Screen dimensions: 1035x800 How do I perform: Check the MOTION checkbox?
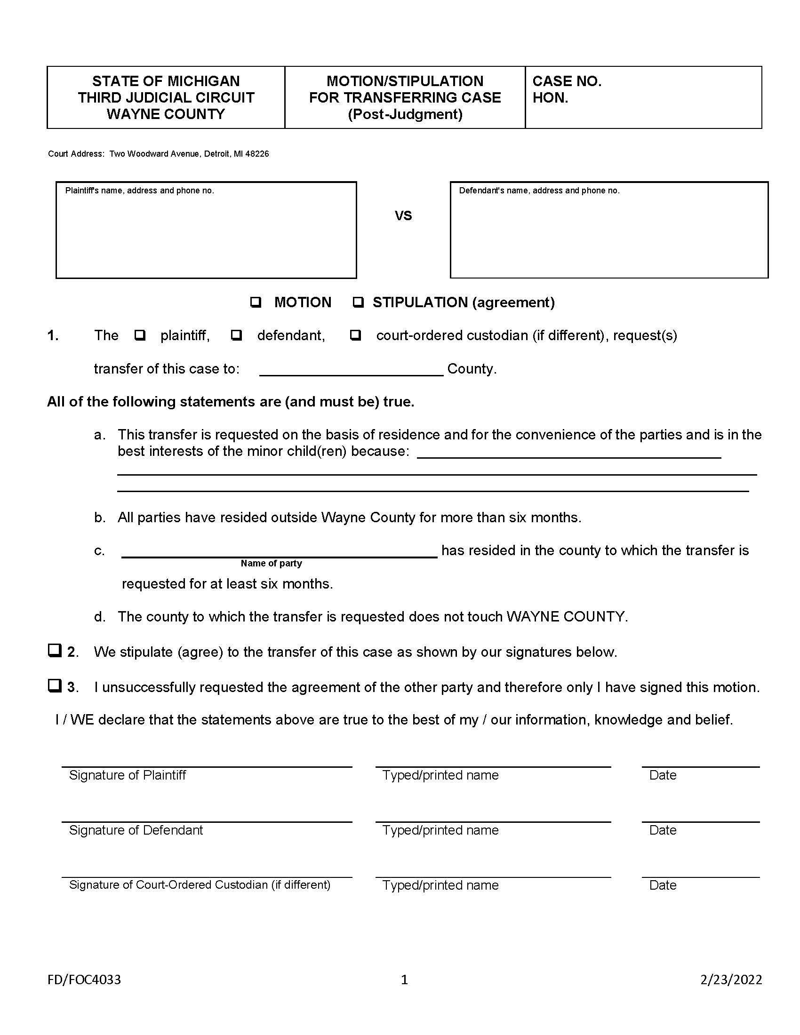[x=256, y=303]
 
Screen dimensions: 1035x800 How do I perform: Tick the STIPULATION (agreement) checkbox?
[x=358, y=303]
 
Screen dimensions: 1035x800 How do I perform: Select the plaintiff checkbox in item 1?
[x=140, y=335]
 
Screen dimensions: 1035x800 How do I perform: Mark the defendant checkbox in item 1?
[x=236, y=335]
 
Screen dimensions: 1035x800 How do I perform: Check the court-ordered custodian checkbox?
[x=355, y=335]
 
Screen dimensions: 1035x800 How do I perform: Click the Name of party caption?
[x=271, y=564]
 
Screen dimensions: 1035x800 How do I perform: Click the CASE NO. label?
[x=567, y=81]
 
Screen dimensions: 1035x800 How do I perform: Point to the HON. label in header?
[x=550, y=98]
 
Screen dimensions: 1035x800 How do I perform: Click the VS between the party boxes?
[x=403, y=216]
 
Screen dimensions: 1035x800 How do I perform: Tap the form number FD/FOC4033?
[x=84, y=979]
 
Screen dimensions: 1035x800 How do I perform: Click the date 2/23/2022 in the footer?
[x=731, y=979]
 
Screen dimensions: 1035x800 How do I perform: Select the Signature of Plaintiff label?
[x=128, y=775]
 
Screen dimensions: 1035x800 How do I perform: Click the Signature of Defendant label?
[x=136, y=830]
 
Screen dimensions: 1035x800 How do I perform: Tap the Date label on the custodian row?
[x=663, y=885]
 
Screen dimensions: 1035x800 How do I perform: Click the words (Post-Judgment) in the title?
[x=405, y=114]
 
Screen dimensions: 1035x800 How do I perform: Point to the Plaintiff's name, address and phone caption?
[x=140, y=191]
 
